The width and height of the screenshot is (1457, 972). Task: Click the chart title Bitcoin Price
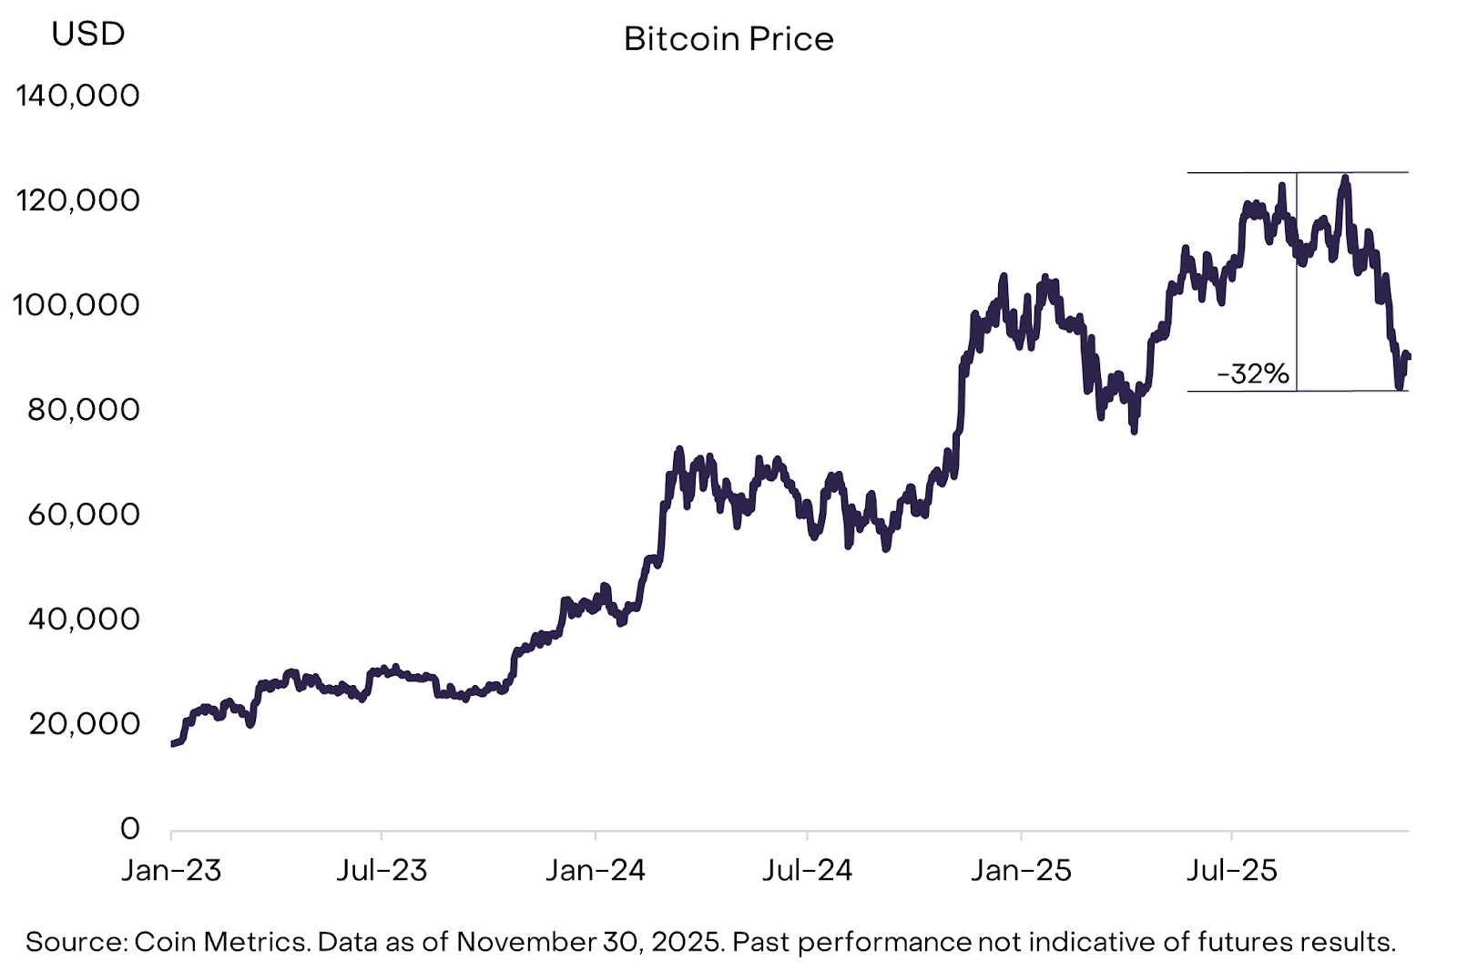(x=728, y=39)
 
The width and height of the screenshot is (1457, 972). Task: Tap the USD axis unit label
(x=88, y=34)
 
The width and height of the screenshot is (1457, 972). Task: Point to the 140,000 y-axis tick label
(x=78, y=95)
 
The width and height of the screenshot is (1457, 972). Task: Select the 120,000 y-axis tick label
(x=78, y=200)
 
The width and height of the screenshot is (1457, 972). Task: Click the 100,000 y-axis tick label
(x=76, y=304)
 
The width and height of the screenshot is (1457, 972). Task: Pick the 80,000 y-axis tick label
(x=84, y=409)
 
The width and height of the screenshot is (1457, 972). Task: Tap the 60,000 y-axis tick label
(x=84, y=514)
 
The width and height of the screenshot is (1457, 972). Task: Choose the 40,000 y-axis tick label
(x=84, y=619)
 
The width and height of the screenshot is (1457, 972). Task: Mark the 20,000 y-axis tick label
(x=84, y=723)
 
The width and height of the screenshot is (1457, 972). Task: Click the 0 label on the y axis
(x=130, y=828)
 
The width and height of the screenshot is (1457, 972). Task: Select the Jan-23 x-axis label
(x=171, y=870)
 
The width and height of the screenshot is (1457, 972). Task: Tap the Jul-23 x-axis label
(x=382, y=870)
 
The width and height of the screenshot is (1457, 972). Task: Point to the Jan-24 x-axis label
(x=596, y=870)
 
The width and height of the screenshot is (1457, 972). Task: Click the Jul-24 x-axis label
(x=808, y=870)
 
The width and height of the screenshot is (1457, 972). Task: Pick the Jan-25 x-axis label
(x=1021, y=870)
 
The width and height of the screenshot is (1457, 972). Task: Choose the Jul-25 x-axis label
(x=1232, y=870)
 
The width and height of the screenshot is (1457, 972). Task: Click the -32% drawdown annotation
(x=1253, y=373)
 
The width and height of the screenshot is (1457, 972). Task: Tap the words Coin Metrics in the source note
(x=219, y=941)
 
